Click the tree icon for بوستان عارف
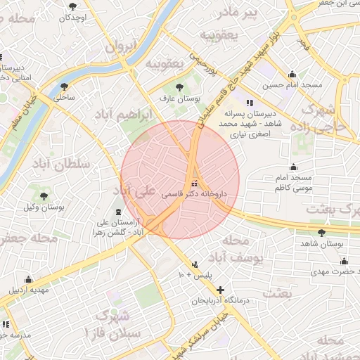[x=181, y=86]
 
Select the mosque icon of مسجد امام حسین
[x=293, y=75]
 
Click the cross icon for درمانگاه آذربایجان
[x=220, y=290]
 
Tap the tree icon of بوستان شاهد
[x=321, y=232]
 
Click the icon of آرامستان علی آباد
[x=117, y=212]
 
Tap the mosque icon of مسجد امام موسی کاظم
[x=293, y=167]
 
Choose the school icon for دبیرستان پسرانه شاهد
[x=249, y=101]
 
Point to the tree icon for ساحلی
[x=64, y=86]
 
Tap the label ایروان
[x=119, y=47]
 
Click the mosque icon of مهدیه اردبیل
[x=27, y=278]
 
